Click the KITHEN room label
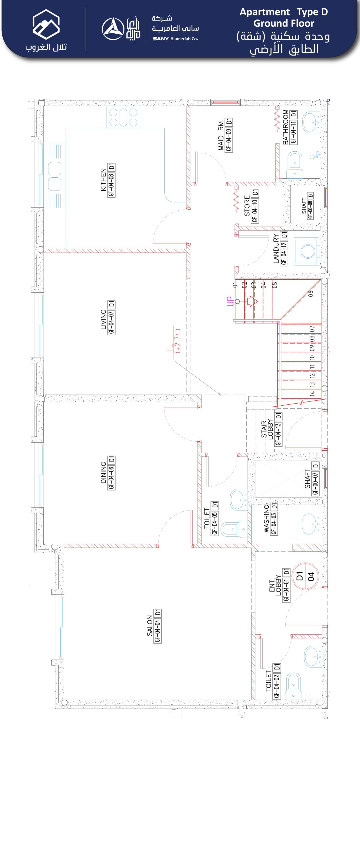pos(103,180)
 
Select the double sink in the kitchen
pos(55,176)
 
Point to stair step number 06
pos(310,293)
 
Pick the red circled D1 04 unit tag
pos(305,576)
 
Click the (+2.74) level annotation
pos(178,341)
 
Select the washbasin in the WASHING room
pos(310,524)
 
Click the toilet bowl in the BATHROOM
pos(294,165)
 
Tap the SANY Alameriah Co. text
pos(175,39)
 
